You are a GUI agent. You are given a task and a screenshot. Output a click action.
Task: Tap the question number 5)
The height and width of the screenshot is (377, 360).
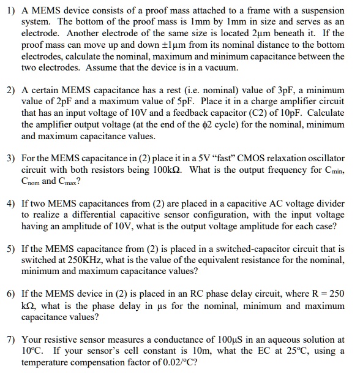click(x=10, y=249)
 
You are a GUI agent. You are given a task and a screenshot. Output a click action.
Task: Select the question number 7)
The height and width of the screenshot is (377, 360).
click(x=10, y=339)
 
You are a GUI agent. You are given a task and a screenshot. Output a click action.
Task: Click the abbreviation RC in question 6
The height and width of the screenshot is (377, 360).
click(x=173, y=294)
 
